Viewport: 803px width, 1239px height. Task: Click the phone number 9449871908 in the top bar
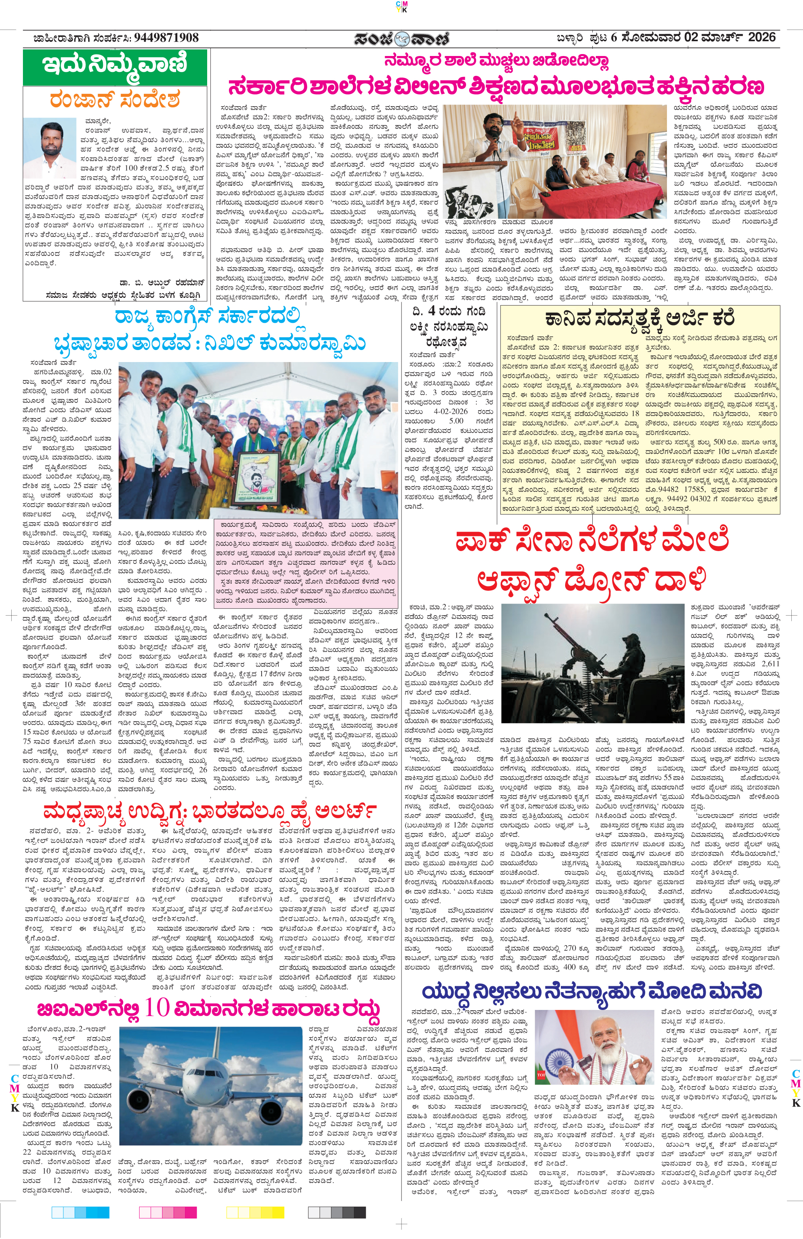[x=166, y=38]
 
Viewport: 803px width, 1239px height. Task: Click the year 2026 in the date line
[x=761, y=37]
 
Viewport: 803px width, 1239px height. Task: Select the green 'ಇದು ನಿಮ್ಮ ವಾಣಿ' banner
[x=115, y=66]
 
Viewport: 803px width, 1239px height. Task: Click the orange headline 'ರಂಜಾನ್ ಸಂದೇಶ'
[x=115, y=99]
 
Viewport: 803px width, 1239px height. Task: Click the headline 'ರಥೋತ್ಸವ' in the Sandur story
[x=447, y=343]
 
